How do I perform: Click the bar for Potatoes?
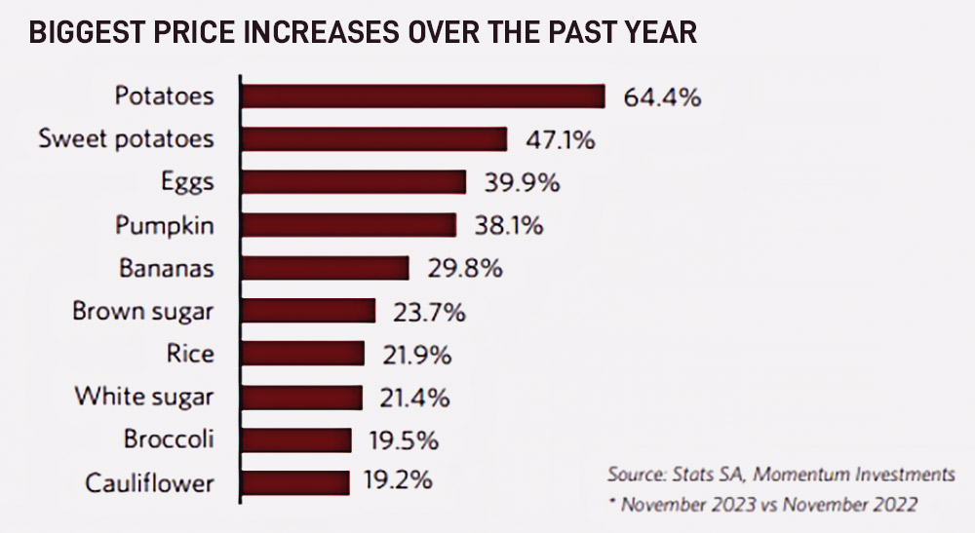423,96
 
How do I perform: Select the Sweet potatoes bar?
374,139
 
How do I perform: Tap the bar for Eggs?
354,182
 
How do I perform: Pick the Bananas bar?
325,268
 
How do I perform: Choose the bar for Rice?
303,354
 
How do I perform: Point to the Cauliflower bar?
295,482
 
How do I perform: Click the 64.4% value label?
662,97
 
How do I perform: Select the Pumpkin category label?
164,226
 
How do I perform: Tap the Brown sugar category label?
142,312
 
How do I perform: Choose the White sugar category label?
143,397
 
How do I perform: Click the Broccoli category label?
168,439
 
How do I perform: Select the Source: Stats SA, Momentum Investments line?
780,475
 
